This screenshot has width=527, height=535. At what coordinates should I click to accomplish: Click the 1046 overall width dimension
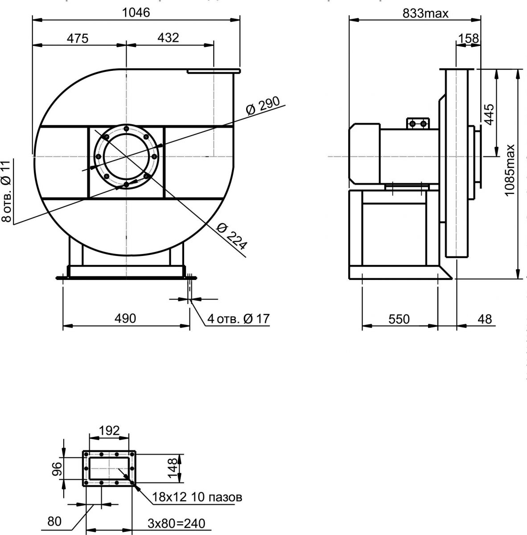point(136,12)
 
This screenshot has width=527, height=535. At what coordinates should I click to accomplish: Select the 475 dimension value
point(78,38)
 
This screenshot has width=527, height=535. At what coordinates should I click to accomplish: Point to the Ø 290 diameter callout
point(263,105)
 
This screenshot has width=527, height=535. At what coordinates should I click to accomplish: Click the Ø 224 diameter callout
point(232,236)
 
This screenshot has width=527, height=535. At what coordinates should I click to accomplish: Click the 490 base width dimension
point(125,318)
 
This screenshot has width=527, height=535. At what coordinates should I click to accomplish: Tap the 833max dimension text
point(425,13)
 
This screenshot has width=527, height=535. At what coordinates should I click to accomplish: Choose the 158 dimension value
point(469,39)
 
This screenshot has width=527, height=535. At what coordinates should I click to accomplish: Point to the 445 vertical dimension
point(489,115)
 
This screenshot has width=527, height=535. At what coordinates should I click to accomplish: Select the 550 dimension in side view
point(399,319)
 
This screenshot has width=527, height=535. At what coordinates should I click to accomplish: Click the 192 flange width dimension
point(110,430)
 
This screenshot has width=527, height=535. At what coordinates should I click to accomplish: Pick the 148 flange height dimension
point(173,467)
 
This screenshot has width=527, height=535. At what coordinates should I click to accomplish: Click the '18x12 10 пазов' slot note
point(197,497)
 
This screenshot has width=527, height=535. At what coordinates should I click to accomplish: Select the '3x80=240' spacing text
point(177,523)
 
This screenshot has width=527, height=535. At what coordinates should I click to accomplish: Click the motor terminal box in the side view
point(417,123)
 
